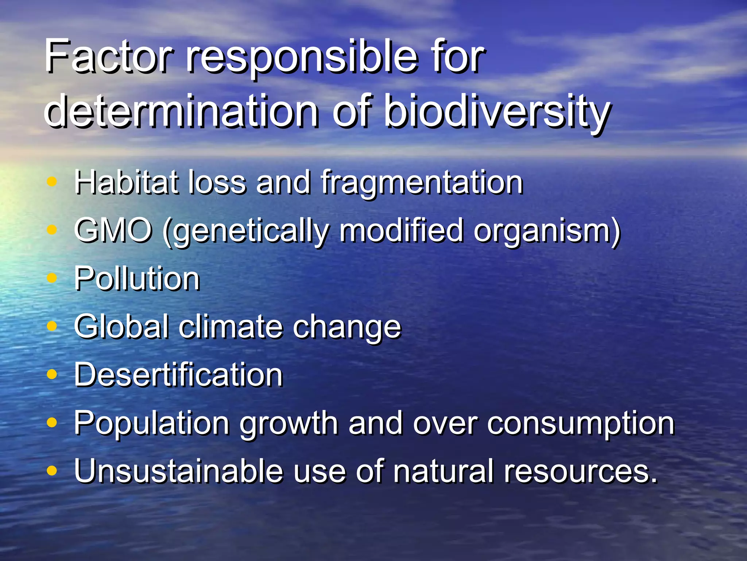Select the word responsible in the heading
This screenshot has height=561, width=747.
pyautogui.click(x=301, y=58)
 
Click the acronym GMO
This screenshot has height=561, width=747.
pyautogui.click(x=113, y=230)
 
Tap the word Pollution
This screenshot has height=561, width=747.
pyautogui.click(x=137, y=278)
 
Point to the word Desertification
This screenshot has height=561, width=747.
pyautogui.click(x=178, y=374)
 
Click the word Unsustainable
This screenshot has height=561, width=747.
pyautogui.click(x=178, y=471)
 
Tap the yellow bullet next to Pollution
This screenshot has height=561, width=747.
pyautogui.click(x=53, y=278)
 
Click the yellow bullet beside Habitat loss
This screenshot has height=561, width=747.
pyautogui.click(x=53, y=182)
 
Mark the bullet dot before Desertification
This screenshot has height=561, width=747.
pyautogui.click(x=53, y=374)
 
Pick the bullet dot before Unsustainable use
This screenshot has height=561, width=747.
pyautogui.click(x=53, y=471)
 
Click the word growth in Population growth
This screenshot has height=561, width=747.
pyautogui.click(x=288, y=424)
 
